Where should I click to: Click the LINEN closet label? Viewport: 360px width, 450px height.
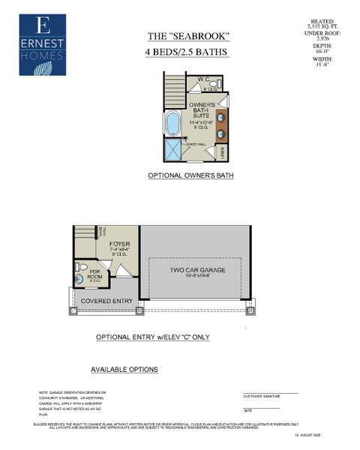pos(223,151)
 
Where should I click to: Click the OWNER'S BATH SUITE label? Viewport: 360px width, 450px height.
pos(202,109)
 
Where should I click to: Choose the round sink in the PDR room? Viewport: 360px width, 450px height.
pos(80,280)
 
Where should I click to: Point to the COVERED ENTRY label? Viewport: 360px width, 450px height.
pos(107,301)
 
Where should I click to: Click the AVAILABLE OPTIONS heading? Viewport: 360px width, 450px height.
pos(124,370)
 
